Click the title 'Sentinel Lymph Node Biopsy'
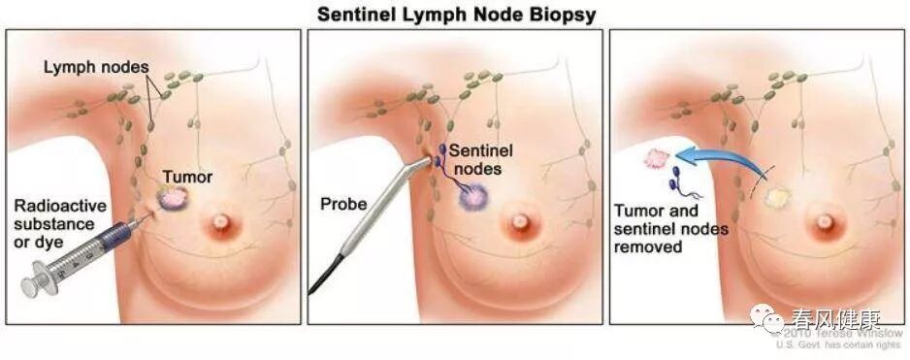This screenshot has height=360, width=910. coord(455,14)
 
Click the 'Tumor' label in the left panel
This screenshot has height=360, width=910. coord(186,177)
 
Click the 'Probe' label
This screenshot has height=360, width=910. coord(341,205)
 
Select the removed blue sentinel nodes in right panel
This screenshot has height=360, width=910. coord(676,180)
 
